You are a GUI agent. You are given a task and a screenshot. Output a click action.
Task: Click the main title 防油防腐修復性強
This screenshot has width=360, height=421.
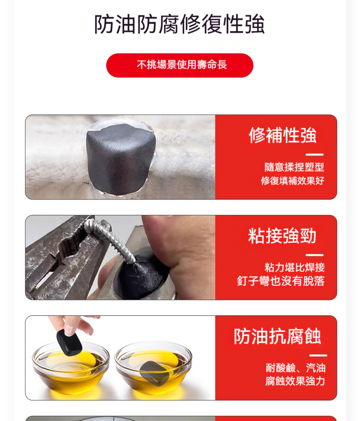(x=179, y=24)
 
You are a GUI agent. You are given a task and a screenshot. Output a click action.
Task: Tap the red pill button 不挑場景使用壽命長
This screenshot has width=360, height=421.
(x=180, y=65)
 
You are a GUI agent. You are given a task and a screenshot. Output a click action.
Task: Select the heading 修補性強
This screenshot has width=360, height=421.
(x=283, y=135)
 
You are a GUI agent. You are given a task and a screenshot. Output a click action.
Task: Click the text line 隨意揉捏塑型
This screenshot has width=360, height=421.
(x=294, y=167)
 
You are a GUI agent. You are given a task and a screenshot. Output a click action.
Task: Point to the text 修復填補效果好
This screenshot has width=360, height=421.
(x=293, y=181)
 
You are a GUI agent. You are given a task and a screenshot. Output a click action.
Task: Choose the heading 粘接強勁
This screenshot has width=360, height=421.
(x=283, y=236)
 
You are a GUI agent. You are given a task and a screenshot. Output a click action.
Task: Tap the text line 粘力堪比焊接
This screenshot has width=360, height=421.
(x=294, y=267)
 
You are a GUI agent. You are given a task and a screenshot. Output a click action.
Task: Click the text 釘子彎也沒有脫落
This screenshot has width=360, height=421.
(x=281, y=281)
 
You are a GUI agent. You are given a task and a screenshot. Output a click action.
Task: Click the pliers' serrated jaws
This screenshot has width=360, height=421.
(x=68, y=249)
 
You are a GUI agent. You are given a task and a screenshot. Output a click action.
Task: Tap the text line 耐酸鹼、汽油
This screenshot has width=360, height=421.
(x=296, y=368)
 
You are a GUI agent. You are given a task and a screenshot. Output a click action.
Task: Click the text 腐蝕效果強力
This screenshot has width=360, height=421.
(x=295, y=381)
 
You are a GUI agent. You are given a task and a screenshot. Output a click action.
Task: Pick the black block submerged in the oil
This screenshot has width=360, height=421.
(x=151, y=372)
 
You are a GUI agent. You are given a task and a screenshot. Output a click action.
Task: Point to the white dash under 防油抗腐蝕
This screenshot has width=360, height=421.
(x=318, y=355)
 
